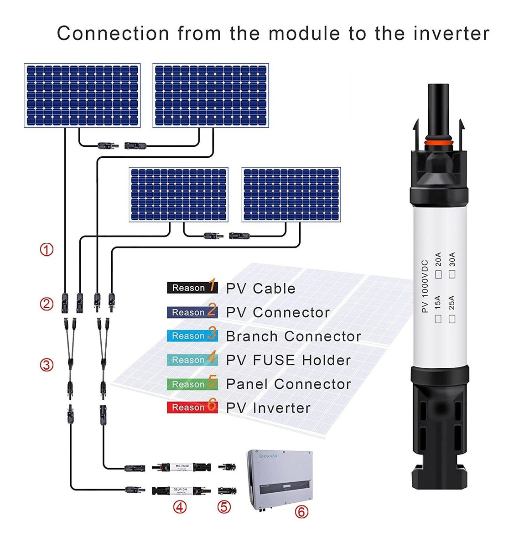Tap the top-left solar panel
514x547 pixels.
[82, 95]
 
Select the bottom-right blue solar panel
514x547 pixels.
[291, 195]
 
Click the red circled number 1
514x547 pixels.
[47, 249]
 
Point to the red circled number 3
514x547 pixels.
[47, 365]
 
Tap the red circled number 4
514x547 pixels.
[180, 506]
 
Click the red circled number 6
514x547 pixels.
[301, 511]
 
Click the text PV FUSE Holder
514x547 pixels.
[288, 360]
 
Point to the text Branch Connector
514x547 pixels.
[293, 336]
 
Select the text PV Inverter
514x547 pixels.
[268, 408]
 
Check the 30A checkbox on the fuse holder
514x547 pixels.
[452, 274]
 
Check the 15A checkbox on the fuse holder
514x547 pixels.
[438, 319]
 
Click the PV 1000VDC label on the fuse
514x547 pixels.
[425, 286]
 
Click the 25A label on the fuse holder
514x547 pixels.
[452, 303]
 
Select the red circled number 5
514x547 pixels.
[224, 506]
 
